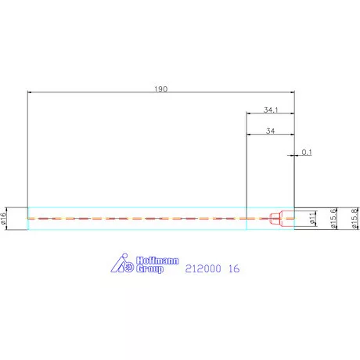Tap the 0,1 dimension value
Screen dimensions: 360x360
[306, 152]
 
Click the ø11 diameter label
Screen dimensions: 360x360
[312, 218]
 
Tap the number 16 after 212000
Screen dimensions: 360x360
[233, 269]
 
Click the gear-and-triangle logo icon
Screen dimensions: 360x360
[120, 265]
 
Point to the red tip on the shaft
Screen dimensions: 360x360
[275, 218]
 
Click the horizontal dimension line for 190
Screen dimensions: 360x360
[94, 92]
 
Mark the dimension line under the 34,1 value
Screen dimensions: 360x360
[270, 114]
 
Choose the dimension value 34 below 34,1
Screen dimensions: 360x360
[270, 131]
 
